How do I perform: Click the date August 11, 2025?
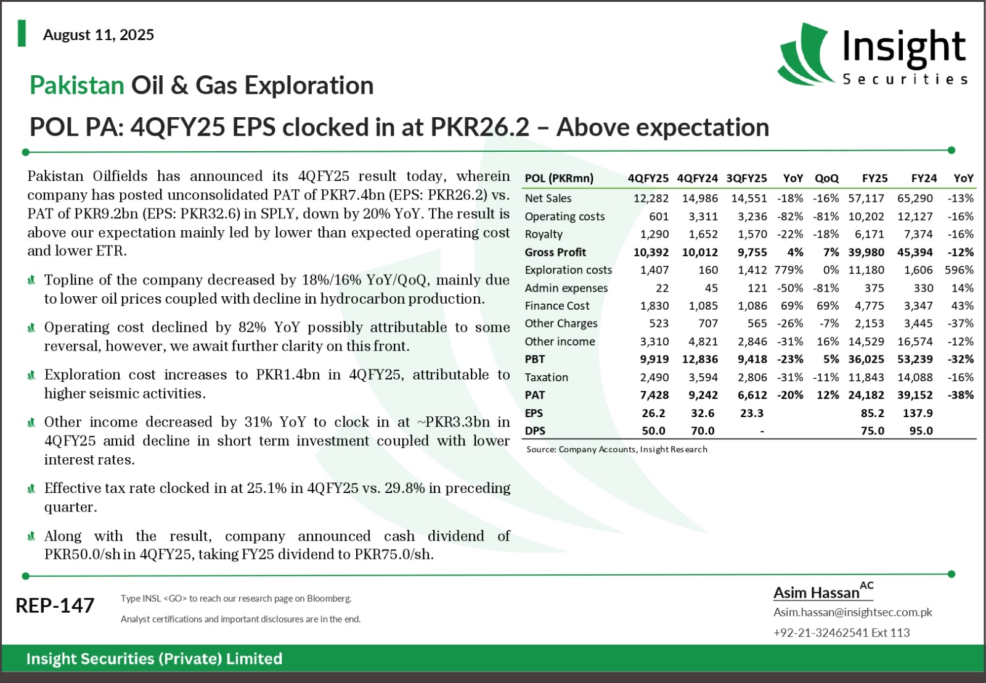[x=99, y=35]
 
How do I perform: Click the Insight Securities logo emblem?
[x=805, y=54]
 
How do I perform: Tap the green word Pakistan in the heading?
[x=77, y=85]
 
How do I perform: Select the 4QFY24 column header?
[x=697, y=178]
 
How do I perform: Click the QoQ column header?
[x=826, y=178]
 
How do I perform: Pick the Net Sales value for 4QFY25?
[x=651, y=198]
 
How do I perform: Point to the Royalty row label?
[x=544, y=234]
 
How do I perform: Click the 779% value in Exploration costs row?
[x=789, y=270]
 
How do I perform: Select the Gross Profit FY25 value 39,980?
[x=866, y=252]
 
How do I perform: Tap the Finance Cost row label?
[x=557, y=305]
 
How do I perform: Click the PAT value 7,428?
[x=654, y=395]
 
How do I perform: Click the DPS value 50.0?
[x=654, y=431]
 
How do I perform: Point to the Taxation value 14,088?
[x=915, y=377]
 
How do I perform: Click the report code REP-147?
[x=55, y=605]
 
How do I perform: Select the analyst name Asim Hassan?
[x=817, y=593]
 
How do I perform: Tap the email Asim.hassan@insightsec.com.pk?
[x=853, y=612]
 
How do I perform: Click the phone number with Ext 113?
[x=842, y=632]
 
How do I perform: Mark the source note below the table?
[x=617, y=449]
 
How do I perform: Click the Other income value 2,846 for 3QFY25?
[x=752, y=342]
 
